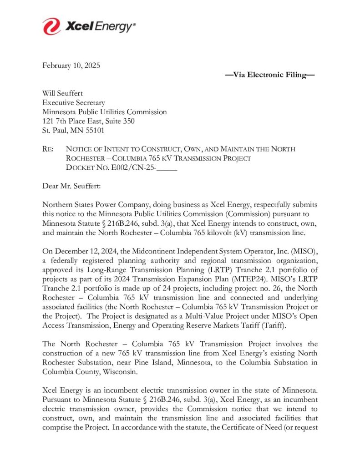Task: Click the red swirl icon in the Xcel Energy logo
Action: point(51,26)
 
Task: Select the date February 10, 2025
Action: point(71,65)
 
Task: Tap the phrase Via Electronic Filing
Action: point(270,75)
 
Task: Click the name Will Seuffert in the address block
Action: point(63,93)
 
